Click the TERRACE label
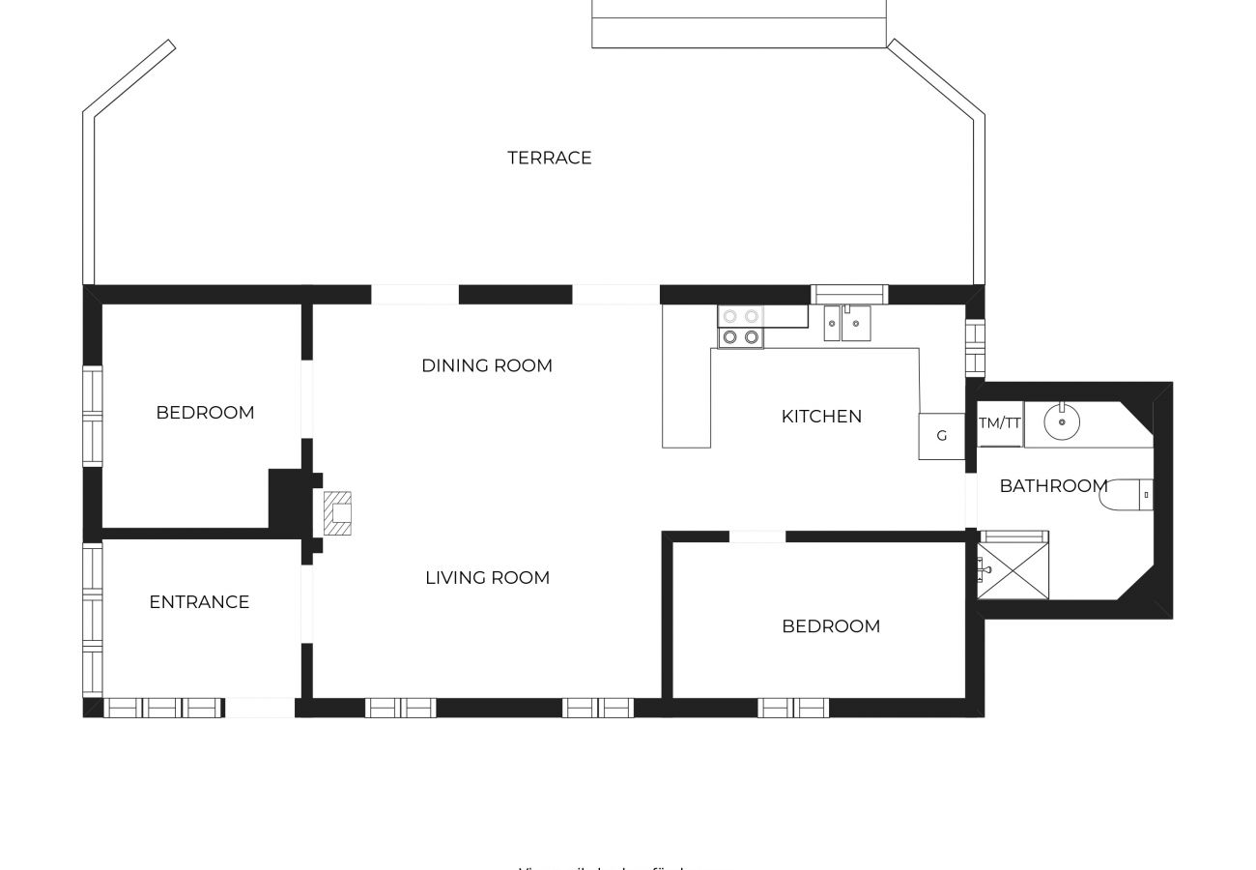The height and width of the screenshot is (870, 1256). (x=549, y=158)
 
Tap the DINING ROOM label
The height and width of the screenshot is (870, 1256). (x=487, y=365)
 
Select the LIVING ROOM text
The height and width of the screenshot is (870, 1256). (x=487, y=577)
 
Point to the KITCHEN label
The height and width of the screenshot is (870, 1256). (x=821, y=417)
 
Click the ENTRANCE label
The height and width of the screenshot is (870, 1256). (x=199, y=601)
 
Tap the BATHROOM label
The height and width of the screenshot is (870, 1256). (x=1053, y=485)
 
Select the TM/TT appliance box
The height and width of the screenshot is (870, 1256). (x=1000, y=423)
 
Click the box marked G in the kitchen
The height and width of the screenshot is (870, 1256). (x=941, y=436)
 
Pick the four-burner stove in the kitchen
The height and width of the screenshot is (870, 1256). (x=740, y=327)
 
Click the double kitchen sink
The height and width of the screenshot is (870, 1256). (x=846, y=323)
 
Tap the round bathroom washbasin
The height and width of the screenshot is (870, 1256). (x=1062, y=422)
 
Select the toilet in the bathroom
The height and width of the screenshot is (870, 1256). (x=1127, y=494)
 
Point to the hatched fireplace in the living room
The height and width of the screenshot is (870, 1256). (x=336, y=513)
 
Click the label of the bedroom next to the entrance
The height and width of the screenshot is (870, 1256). (x=205, y=413)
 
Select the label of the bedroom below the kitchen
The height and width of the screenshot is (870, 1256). (x=831, y=626)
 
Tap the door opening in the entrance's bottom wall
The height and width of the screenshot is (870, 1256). (x=259, y=708)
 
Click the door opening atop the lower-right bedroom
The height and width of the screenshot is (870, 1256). (x=757, y=536)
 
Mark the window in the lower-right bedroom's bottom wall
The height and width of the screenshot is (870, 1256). (x=793, y=708)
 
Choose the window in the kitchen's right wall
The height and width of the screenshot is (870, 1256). (x=975, y=348)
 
